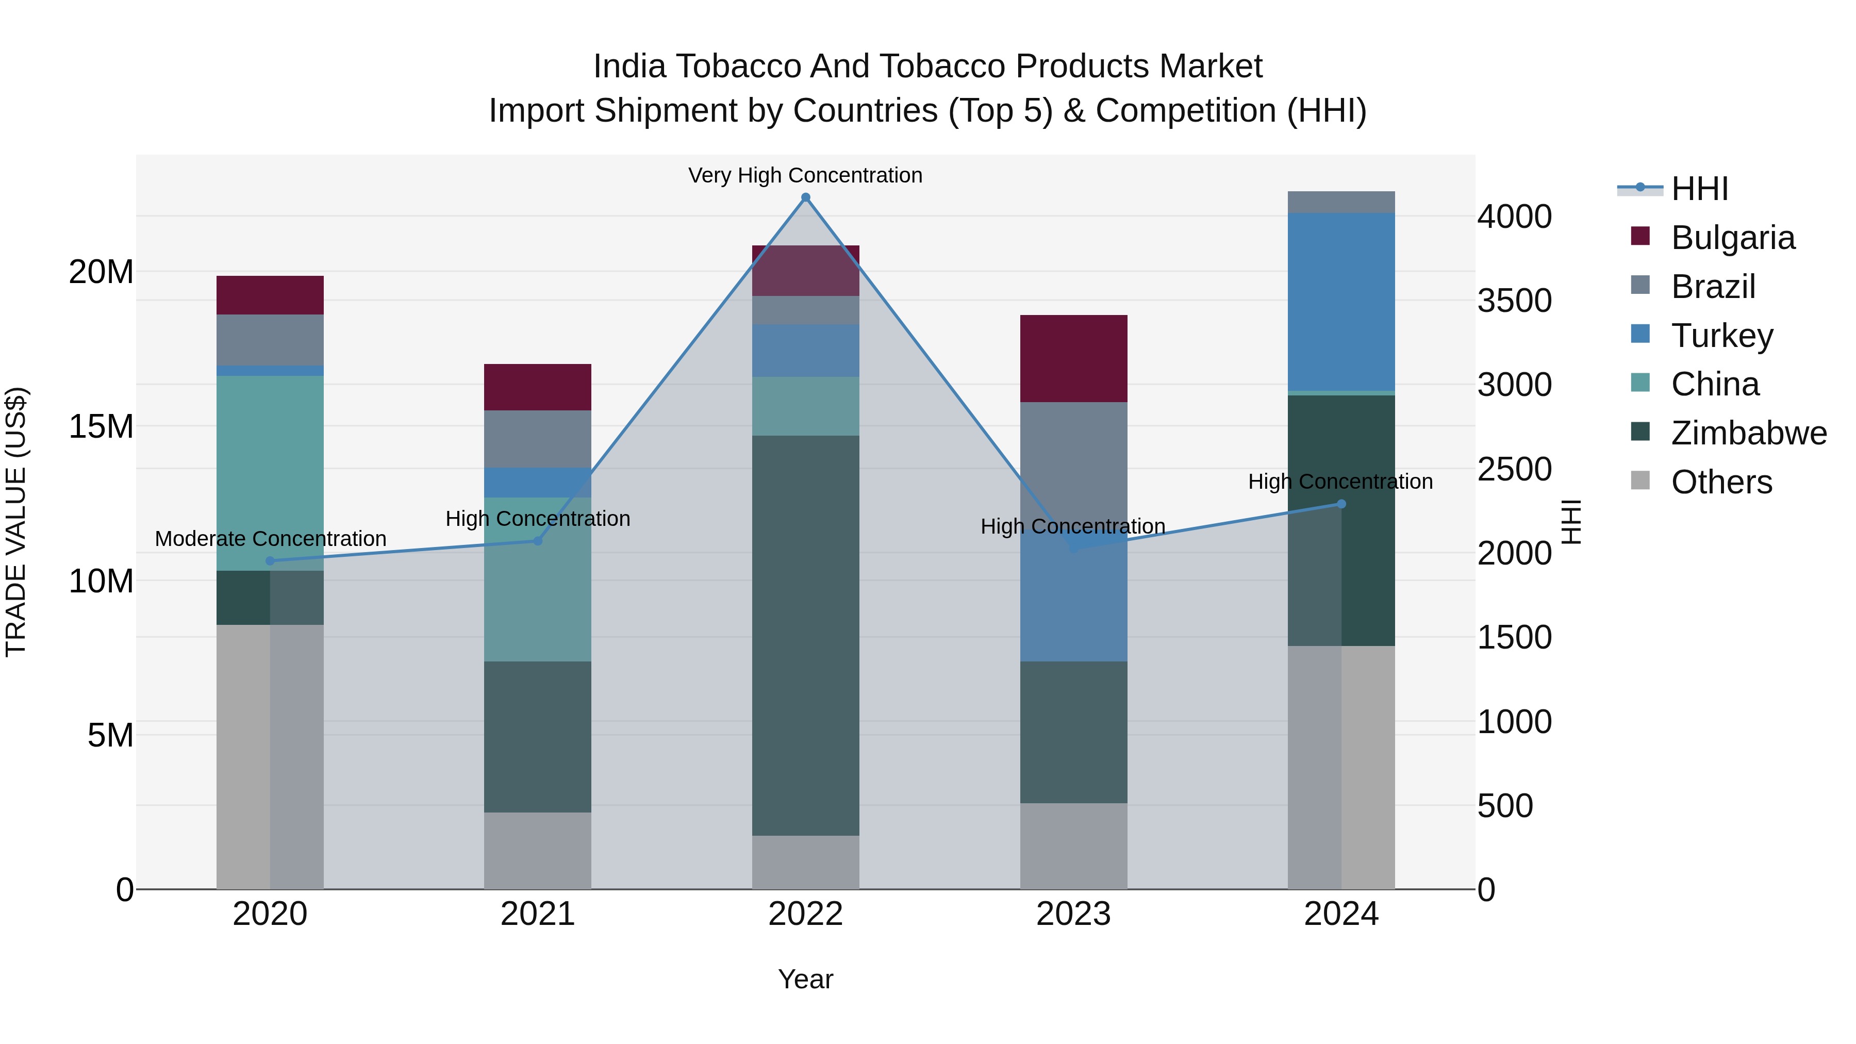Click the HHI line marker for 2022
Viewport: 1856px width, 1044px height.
805,197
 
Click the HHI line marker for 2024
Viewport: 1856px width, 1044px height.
1341,504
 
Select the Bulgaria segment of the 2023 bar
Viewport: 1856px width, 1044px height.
1073,358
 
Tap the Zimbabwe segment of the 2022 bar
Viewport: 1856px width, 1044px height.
805,634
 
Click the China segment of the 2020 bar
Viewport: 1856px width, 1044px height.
270,472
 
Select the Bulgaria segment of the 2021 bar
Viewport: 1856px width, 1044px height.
538,387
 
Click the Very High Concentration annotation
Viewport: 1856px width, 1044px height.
805,175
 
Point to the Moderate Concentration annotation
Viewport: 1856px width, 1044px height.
270,538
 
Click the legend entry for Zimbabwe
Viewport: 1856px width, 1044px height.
1749,433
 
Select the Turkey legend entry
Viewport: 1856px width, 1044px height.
1721,335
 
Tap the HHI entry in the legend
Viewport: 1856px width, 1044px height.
1699,188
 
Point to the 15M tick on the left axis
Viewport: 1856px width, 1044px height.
101,426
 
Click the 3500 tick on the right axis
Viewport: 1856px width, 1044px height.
1514,301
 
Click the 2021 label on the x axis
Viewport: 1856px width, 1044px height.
538,914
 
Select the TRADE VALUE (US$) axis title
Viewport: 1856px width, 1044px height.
16,522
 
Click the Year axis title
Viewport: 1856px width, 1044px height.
805,979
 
